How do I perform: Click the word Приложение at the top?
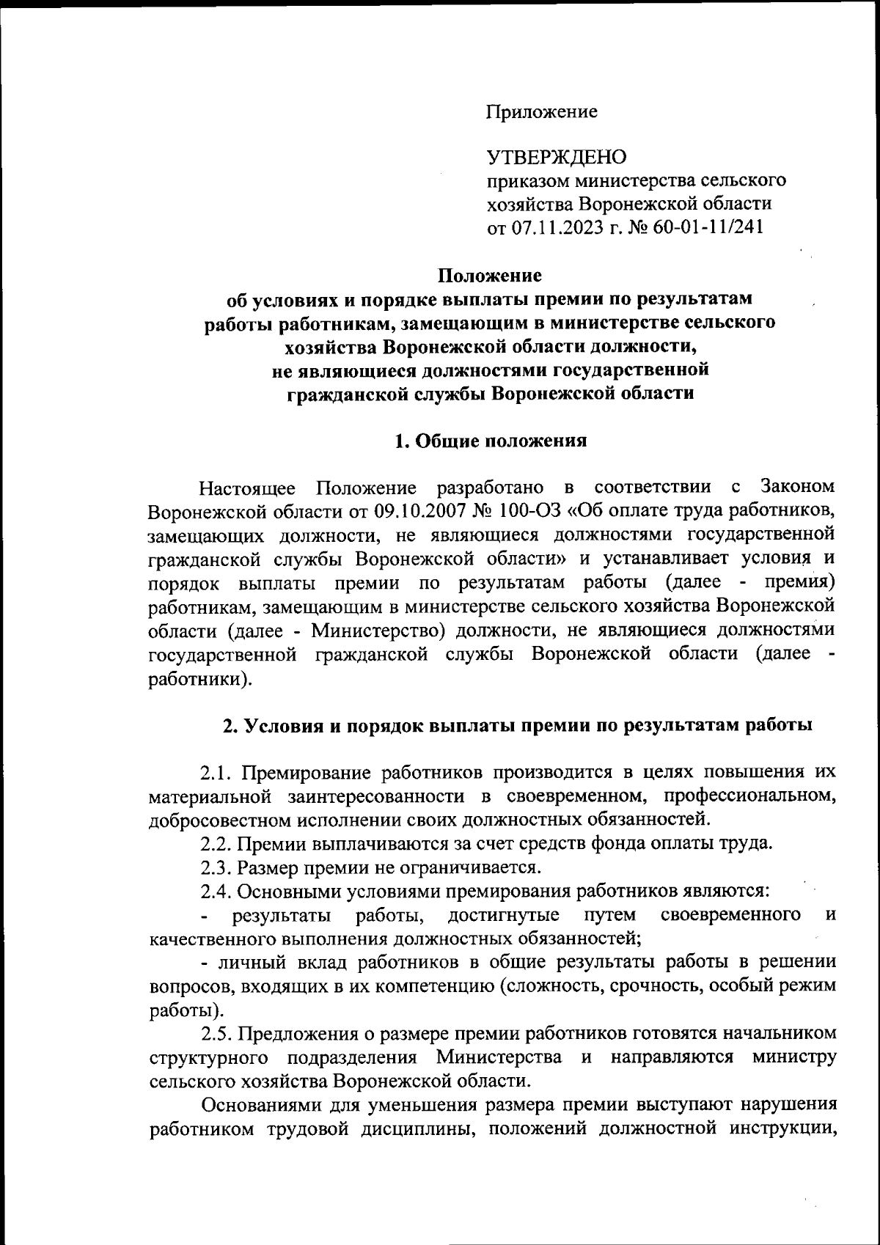(x=542, y=112)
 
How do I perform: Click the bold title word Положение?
(x=490, y=276)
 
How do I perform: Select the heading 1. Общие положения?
(x=491, y=441)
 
